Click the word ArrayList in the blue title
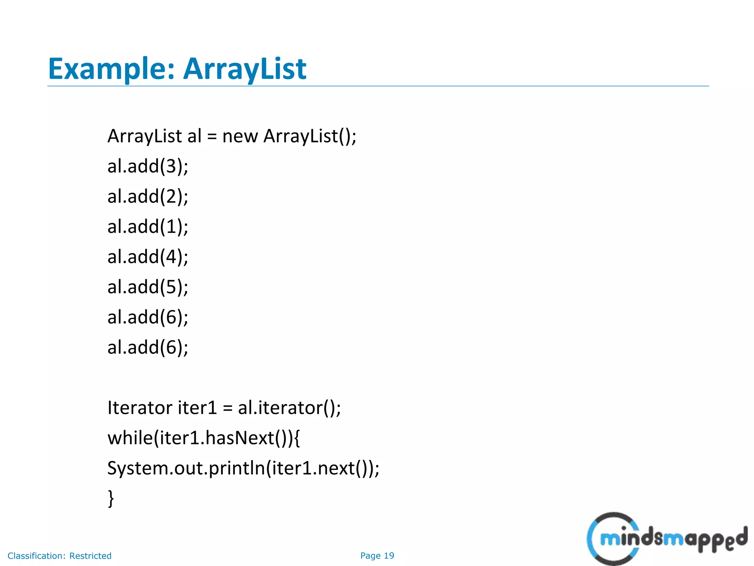(244, 69)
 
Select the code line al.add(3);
(148, 166)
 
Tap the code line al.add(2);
(148, 196)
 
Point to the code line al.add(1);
(148, 227)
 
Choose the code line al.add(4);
(148, 257)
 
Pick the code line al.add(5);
(148, 287)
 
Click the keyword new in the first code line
(240, 137)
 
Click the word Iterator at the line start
(140, 408)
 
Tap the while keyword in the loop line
(130, 438)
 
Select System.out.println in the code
(186, 469)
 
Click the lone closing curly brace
(111, 498)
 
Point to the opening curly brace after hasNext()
(297, 439)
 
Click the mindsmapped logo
(666, 539)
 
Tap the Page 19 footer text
(377, 556)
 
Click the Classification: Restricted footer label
(60, 556)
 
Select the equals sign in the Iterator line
(228, 408)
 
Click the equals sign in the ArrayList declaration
(212, 137)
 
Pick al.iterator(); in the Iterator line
(289, 408)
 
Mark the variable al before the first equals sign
(194, 136)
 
